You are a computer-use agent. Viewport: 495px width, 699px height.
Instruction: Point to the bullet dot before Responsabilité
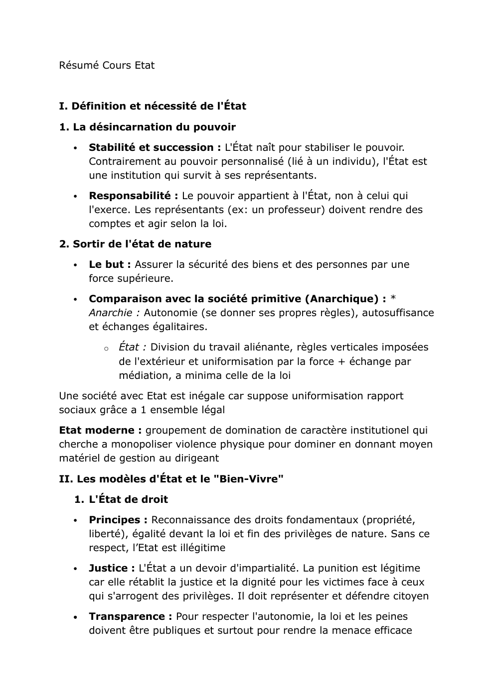(75, 197)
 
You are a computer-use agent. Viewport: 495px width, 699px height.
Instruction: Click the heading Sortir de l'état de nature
(135, 244)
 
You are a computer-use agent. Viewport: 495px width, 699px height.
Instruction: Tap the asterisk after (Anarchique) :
(393, 299)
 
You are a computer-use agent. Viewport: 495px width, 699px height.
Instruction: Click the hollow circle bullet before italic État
(106, 349)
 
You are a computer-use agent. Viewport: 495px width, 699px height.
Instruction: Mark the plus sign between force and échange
(341, 361)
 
